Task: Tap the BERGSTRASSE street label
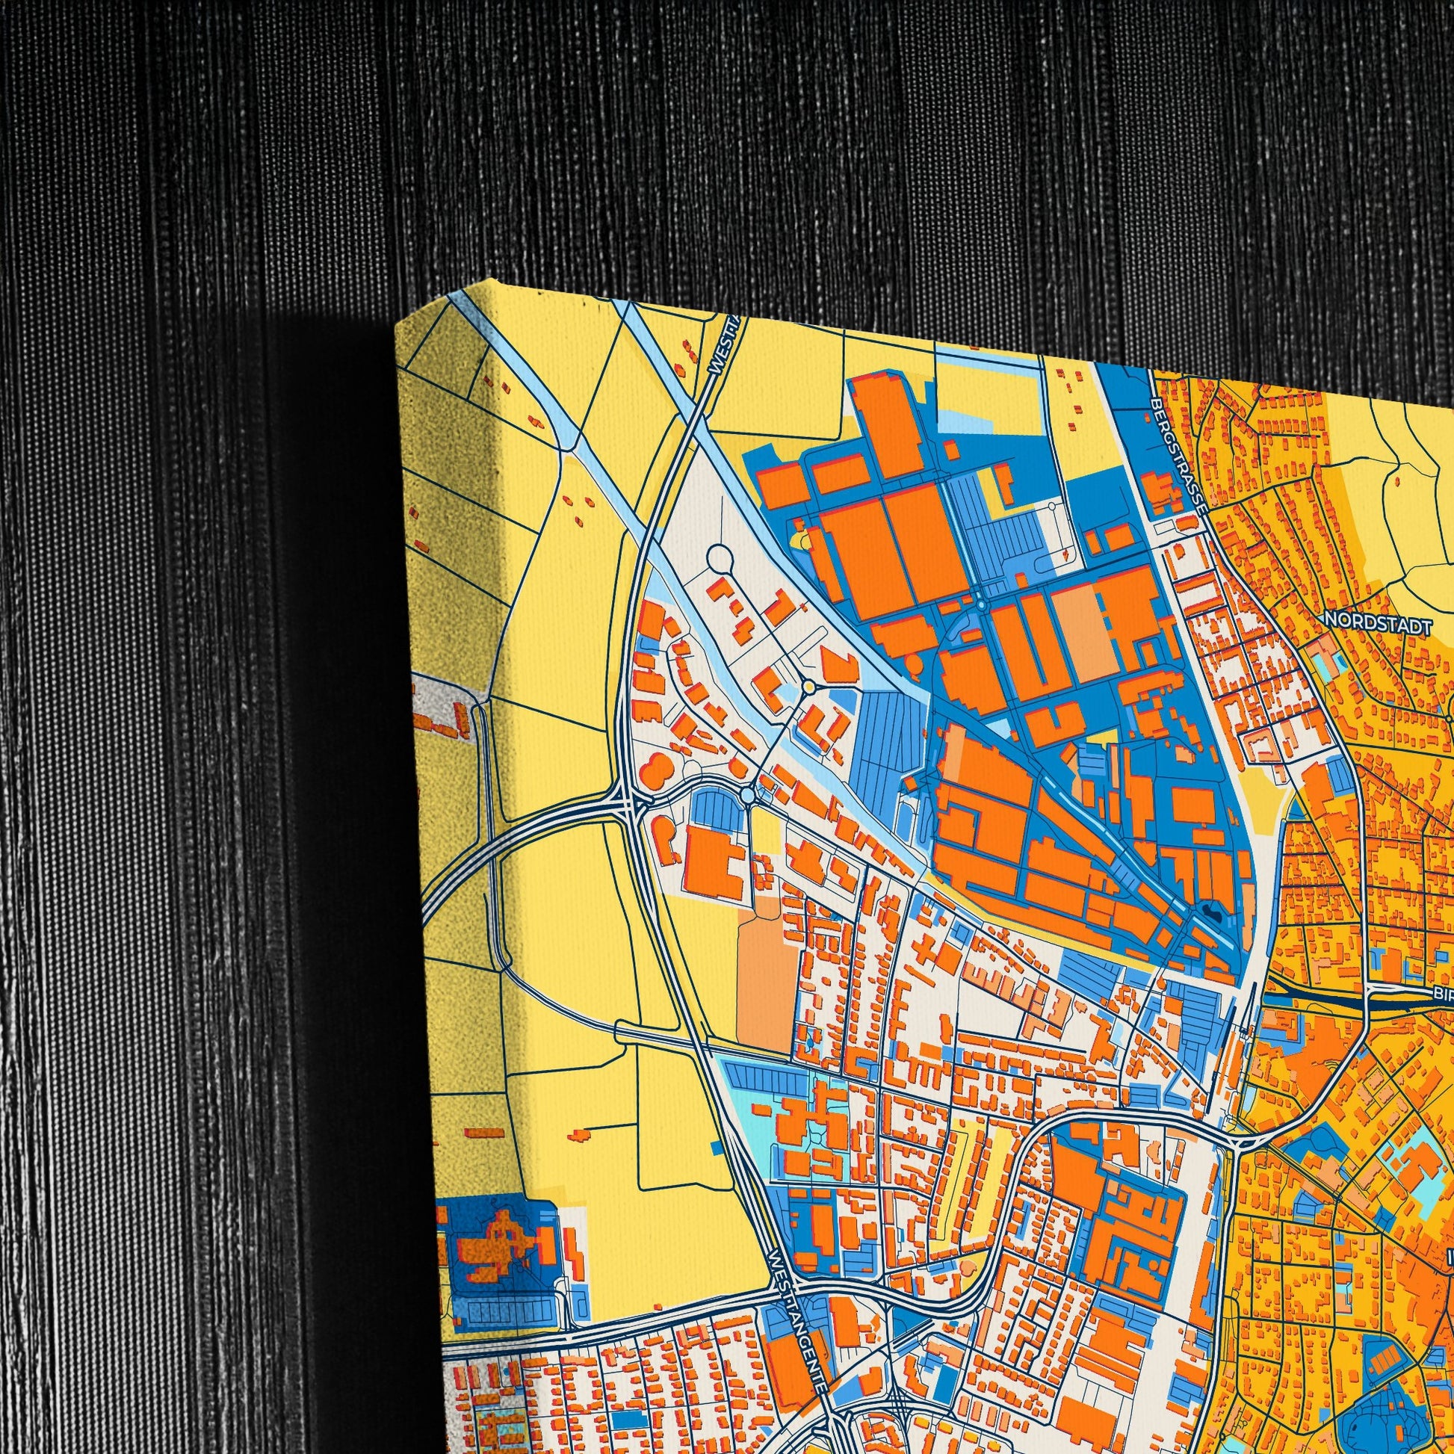point(1178,456)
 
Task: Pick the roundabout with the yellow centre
point(808,687)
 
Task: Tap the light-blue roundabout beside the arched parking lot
point(746,795)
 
